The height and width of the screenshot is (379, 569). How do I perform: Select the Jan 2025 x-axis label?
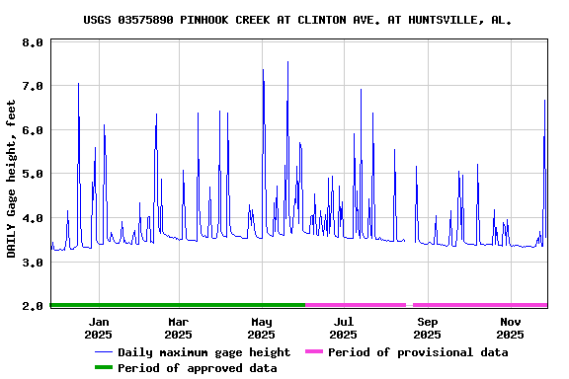pos(99,328)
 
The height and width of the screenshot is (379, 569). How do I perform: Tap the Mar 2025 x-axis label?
pos(179,328)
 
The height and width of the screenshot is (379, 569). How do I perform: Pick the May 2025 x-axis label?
pos(262,328)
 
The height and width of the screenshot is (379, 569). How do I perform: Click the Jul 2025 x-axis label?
pos(344,328)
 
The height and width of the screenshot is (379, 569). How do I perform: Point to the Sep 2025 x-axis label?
pos(428,328)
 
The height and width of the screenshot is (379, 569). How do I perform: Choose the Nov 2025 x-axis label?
pos(511,328)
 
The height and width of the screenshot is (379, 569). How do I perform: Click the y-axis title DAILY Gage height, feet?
pos(12,179)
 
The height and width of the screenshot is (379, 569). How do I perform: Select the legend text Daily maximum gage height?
pos(203,352)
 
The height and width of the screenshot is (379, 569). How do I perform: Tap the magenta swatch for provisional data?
pos(314,352)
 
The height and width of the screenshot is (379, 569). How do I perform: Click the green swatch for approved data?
pos(104,368)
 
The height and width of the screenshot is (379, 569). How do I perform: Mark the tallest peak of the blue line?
pos(288,62)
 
